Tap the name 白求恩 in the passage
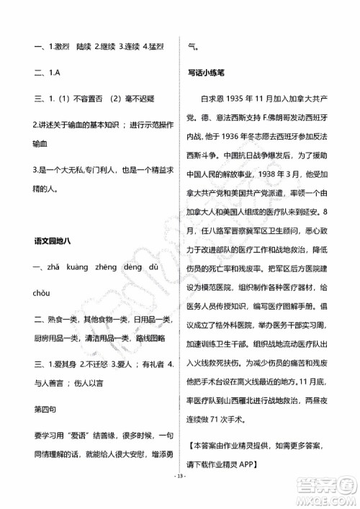tap(211, 97)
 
